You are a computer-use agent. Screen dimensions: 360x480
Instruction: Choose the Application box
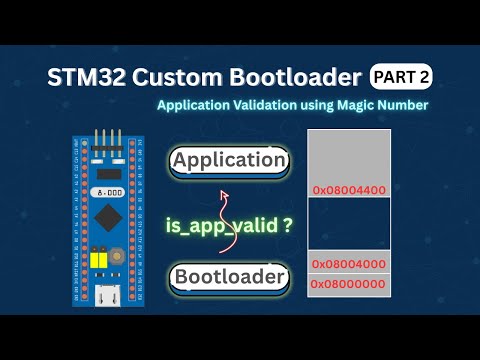(x=229, y=160)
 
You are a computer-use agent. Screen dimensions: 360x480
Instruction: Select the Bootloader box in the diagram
(x=229, y=277)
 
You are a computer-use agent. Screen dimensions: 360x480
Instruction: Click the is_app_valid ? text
(x=229, y=226)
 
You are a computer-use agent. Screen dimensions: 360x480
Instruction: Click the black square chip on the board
(x=104, y=214)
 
